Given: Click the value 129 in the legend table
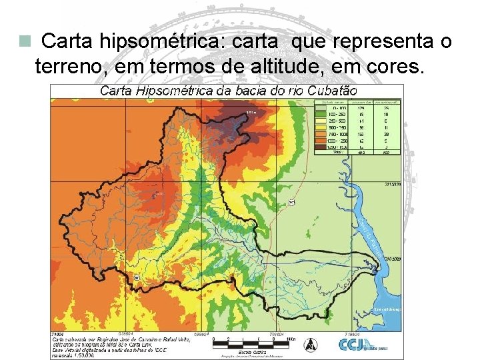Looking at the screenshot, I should point(361,107).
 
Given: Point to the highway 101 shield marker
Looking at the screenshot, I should point(292,203).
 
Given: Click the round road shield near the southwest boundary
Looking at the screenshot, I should point(137,277).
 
